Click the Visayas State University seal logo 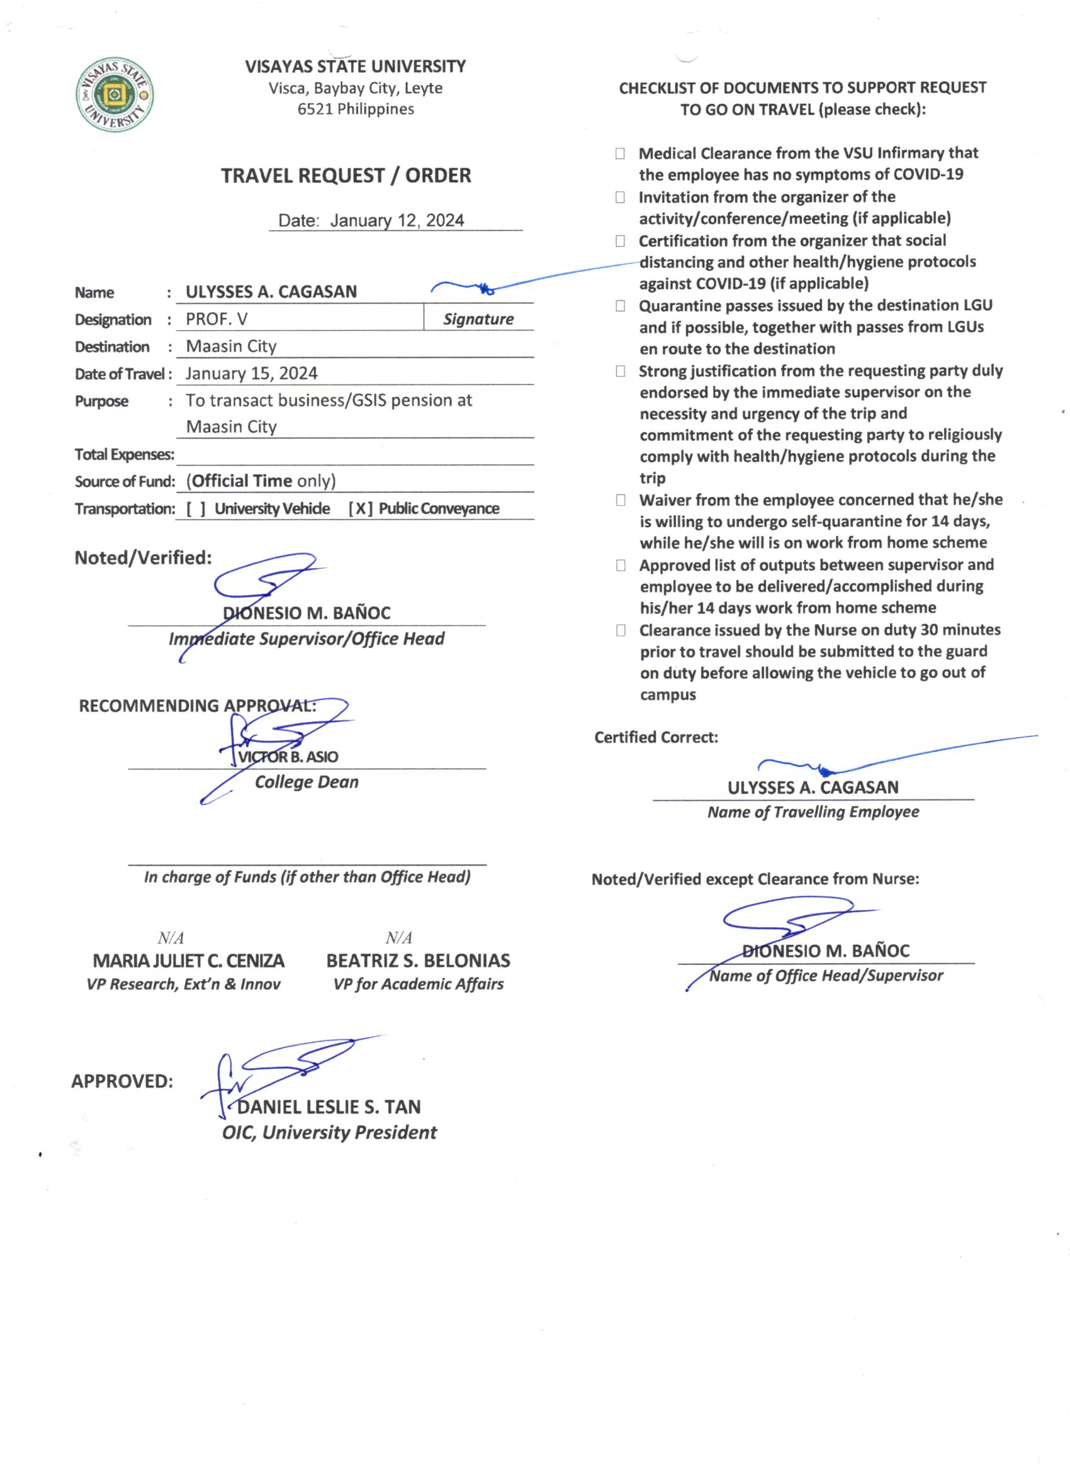pyautogui.click(x=115, y=95)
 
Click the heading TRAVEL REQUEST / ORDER pyautogui.click(x=346, y=176)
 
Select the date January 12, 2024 pyautogui.click(x=397, y=221)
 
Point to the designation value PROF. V pyautogui.click(x=217, y=320)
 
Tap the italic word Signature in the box pyautogui.click(x=478, y=320)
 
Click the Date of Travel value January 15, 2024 pyautogui.click(x=251, y=374)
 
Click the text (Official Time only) pyautogui.click(x=261, y=481)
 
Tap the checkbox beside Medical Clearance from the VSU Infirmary pyautogui.click(x=620, y=154)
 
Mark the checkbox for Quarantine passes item pyautogui.click(x=620, y=306)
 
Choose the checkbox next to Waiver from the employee pyautogui.click(x=621, y=500)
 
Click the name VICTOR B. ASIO pyautogui.click(x=288, y=757)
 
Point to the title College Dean pyautogui.click(x=307, y=782)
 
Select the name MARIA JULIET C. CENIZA pyautogui.click(x=188, y=961)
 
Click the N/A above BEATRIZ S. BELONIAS pyautogui.click(x=398, y=938)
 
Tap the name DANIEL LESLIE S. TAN pyautogui.click(x=329, y=1107)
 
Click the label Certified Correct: pyautogui.click(x=656, y=737)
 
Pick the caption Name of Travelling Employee pyautogui.click(x=813, y=812)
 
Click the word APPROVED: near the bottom pyautogui.click(x=122, y=1081)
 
